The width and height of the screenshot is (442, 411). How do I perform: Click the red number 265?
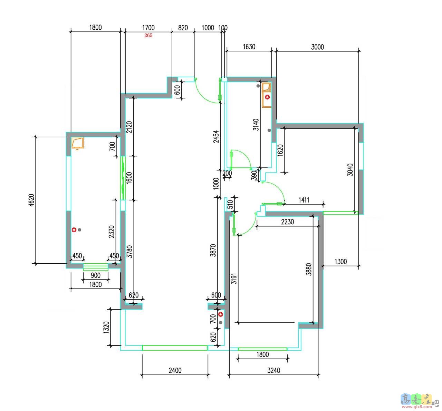[x=148, y=36]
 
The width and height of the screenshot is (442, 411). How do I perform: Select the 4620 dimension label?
[x=32, y=200]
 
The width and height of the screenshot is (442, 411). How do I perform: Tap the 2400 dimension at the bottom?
[x=175, y=371]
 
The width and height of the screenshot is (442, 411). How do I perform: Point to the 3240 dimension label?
[x=273, y=371]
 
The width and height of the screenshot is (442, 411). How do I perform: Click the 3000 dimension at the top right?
[x=317, y=47]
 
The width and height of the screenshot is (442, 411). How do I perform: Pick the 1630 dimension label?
[x=249, y=47]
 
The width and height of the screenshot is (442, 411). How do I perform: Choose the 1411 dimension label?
[x=304, y=200]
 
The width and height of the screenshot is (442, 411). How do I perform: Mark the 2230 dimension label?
[x=287, y=222]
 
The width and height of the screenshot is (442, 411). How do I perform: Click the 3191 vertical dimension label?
[x=234, y=278]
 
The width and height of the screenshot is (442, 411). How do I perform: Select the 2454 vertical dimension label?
[x=216, y=137]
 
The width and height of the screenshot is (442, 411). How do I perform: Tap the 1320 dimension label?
[x=106, y=327]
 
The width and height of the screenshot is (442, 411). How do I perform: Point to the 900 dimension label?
[x=95, y=275]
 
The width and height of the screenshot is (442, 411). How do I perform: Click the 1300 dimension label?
[x=341, y=262]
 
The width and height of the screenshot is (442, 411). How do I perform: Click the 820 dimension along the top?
[x=183, y=28]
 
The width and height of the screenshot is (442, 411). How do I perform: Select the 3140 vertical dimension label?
[x=256, y=125]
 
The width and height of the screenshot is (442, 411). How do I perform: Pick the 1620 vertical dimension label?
[x=280, y=150]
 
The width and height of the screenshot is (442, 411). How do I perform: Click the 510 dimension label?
[x=230, y=204]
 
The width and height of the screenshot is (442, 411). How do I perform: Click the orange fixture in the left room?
[x=77, y=143]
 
